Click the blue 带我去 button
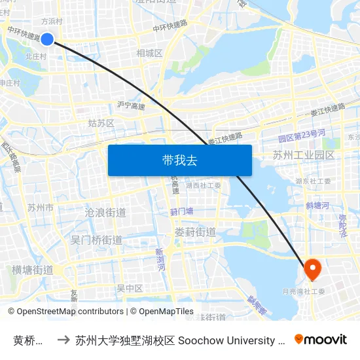pos(179,160)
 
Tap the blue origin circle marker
pos(47,39)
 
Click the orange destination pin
pos(312,269)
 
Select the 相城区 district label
pos(149,52)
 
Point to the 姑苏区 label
pos(101,123)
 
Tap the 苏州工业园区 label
pos(304,155)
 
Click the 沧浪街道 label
pos(105,213)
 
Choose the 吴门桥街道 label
pos(96,240)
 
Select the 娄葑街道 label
pos(196,232)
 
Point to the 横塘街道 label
pos(33,270)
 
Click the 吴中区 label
pos(130,288)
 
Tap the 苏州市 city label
pos(41,207)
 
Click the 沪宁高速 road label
pos(131,105)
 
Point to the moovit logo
pos(321,339)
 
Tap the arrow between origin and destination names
pos(63,340)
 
